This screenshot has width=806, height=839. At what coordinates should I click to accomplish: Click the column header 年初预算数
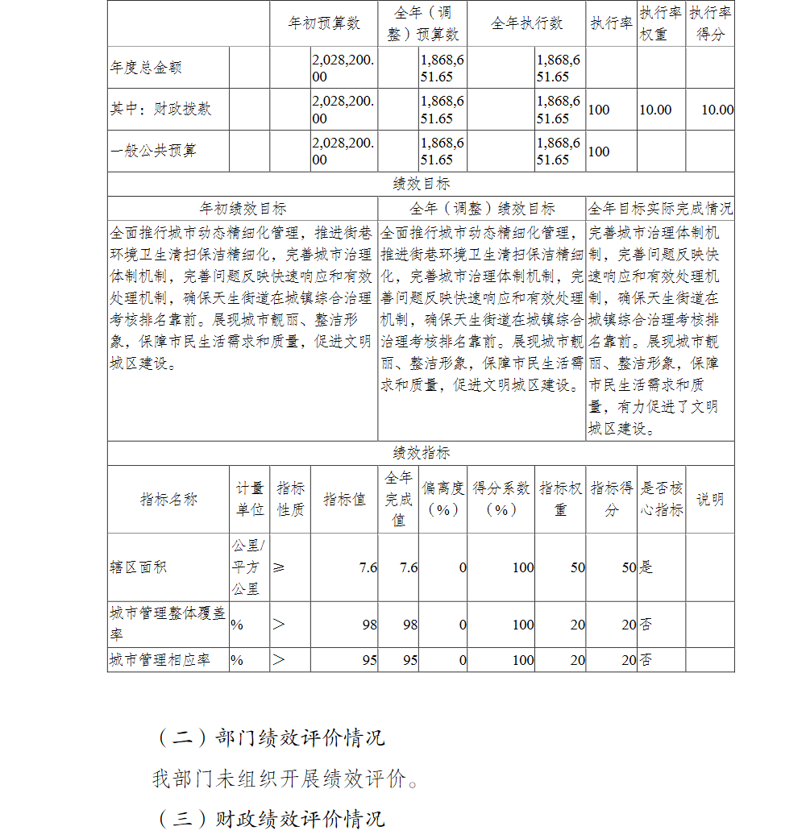[324, 23]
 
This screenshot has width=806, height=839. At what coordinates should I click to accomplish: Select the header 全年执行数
[526, 23]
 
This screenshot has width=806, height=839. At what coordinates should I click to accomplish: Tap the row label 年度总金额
[146, 68]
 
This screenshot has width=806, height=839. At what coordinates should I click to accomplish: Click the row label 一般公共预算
[153, 151]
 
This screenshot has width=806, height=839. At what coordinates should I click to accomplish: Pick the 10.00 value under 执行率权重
[655, 110]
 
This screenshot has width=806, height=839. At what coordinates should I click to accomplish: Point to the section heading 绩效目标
[421, 184]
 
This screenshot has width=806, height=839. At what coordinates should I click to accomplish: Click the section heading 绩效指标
[421, 453]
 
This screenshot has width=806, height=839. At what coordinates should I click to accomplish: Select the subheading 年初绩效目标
[243, 209]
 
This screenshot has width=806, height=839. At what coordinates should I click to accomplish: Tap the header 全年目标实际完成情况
[660, 209]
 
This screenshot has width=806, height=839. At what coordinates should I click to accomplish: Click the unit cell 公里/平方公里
[248, 567]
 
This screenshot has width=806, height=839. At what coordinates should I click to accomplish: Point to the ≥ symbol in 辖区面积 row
[279, 567]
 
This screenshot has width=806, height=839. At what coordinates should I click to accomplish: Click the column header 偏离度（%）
[442, 499]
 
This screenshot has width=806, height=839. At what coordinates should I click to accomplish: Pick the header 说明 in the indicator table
[709, 499]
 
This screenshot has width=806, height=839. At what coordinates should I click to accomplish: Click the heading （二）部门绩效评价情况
[270, 737]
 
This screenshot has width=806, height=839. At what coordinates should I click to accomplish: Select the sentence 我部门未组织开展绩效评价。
[286, 779]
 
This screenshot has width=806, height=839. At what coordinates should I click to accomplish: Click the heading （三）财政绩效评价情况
[270, 820]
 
